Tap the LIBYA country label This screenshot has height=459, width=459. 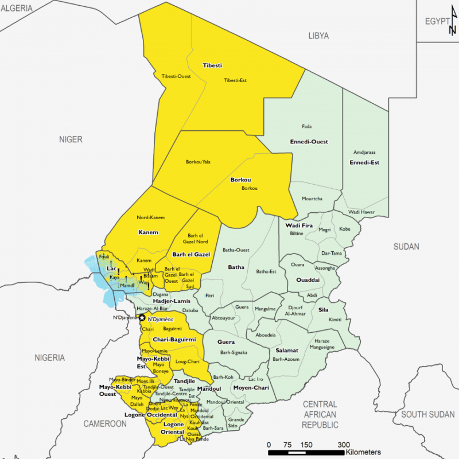click(318, 36)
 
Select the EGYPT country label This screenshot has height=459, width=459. click(437, 21)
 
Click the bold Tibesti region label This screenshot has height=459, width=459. click(212, 65)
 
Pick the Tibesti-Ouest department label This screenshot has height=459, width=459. click(176, 76)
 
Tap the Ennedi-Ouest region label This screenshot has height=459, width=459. click(310, 141)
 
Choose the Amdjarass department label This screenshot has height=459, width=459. click(364, 153)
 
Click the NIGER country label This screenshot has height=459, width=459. click(71, 139)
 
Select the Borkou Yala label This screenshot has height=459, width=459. click(198, 162)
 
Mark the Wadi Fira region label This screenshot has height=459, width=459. click(299, 225)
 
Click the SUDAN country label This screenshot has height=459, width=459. click(406, 247)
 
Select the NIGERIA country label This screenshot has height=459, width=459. click(49, 357)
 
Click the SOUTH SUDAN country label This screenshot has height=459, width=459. click(427, 414)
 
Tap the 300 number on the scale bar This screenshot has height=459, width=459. click(343, 445)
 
